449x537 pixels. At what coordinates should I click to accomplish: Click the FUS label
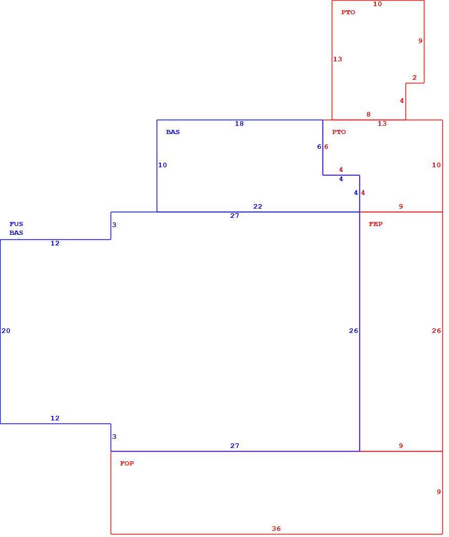pos(16,224)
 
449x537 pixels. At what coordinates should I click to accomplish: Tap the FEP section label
pos(376,224)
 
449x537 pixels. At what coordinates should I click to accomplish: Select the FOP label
pos(127,463)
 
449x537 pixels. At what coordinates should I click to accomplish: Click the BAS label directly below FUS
pos(16,233)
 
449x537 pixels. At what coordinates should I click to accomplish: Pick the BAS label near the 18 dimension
pos(173,132)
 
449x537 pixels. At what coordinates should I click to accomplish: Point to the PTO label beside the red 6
pos(339,132)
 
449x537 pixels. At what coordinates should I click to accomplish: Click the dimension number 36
pos(276,529)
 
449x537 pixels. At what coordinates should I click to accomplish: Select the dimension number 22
pos(258,207)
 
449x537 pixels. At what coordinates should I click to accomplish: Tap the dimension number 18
pos(239,124)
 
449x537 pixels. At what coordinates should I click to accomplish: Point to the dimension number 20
pos(6,331)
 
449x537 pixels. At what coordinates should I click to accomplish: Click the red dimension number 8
pos(369,115)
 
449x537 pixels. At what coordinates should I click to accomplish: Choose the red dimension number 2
pos(414,78)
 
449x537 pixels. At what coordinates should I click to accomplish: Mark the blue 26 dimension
pos(354,331)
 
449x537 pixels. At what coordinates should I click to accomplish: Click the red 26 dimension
pos(436,331)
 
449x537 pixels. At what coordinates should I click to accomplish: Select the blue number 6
pos(319,147)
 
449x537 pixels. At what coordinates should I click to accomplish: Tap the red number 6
pos(326,147)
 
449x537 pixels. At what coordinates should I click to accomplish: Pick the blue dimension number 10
pos(162,165)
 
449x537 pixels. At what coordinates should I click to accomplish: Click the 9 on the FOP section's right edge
pos(439,492)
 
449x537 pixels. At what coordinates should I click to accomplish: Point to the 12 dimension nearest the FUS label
pos(55,243)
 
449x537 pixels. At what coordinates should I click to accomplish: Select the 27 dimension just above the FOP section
pos(234,446)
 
